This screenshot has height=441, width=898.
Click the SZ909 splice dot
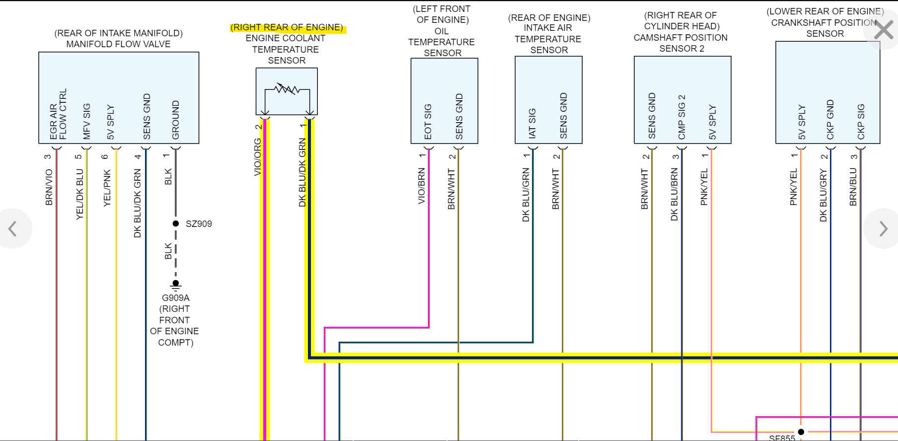coord(175,224)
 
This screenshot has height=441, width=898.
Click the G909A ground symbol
coord(175,285)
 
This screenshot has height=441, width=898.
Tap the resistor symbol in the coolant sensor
coord(287,89)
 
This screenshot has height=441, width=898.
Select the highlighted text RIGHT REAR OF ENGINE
coord(287,28)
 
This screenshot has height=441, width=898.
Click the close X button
coord(884,30)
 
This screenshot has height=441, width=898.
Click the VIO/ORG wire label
coord(257,157)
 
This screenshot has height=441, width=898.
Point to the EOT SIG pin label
coord(428,122)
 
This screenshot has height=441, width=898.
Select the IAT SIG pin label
coord(532,123)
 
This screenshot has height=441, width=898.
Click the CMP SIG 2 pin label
coord(681,117)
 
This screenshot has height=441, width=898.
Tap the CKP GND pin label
coord(830,120)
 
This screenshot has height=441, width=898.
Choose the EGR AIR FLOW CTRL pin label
coord(58,114)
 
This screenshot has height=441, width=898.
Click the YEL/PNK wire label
coord(107,188)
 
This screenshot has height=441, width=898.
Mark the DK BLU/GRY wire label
coord(823,195)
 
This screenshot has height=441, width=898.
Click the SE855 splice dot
coord(801,432)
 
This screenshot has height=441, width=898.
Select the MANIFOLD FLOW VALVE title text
coord(118,44)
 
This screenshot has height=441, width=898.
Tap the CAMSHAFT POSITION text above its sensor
coord(680,38)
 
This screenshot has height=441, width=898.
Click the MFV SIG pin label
coord(87,122)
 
